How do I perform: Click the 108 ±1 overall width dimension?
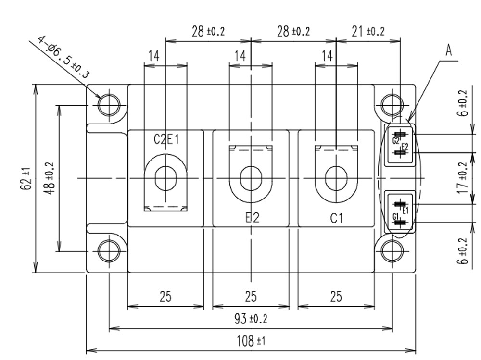pyautogui.click(x=251, y=341)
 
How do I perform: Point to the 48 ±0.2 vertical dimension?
pyautogui.click(x=50, y=178)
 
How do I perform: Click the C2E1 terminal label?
pyautogui.click(x=166, y=139)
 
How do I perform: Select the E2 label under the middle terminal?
pyautogui.click(x=251, y=217)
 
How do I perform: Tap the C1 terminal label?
pyautogui.click(x=336, y=218)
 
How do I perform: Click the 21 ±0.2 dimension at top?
pyautogui.click(x=368, y=32)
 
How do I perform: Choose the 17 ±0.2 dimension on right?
pyautogui.click(x=463, y=178)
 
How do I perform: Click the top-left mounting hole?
pyautogui.click(x=109, y=104)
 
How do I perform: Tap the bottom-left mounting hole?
pyautogui.click(x=109, y=250)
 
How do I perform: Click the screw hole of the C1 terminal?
pyautogui.click(x=336, y=178)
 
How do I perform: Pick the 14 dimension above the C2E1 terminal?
pyautogui.click(x=153, y=56)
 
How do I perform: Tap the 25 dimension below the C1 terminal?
pyautogui.click(x=336, y=297)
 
